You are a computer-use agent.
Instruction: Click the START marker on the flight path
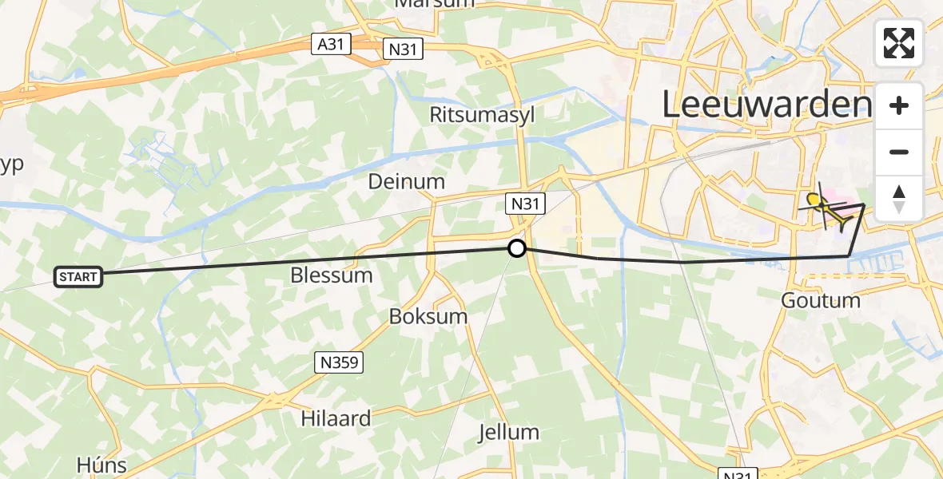pyautogui.click(x=78, y=277)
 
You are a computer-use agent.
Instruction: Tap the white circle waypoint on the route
pyautogui.click(x=517, y=248)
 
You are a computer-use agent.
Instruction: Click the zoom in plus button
pyautogui.click(x=899, y=105)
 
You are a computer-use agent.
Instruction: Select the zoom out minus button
pyautogui.click(x=899, y=152)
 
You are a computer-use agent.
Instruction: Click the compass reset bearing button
pyautogui.click(x=899, y=199)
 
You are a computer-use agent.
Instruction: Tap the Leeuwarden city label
pyautogui.click(x=766, y=105)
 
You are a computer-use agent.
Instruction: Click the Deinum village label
pyautogui.click(x=406, y=181)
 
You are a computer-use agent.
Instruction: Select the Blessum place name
pyautogui.click(x=332, y=275)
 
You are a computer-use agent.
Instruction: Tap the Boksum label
pyautogui.click(x=428, y=316)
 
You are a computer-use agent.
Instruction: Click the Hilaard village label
pyautogui.click(x=336, y=418)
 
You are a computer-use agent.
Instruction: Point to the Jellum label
pyautogui.click(x=508, y=433)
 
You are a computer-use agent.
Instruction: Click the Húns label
pyautogui.click(x=101, y=465)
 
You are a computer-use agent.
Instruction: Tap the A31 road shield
pyautogui.click(x=331, y=44)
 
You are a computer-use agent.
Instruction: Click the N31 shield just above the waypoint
pyautogui.click(x=525, y=204)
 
